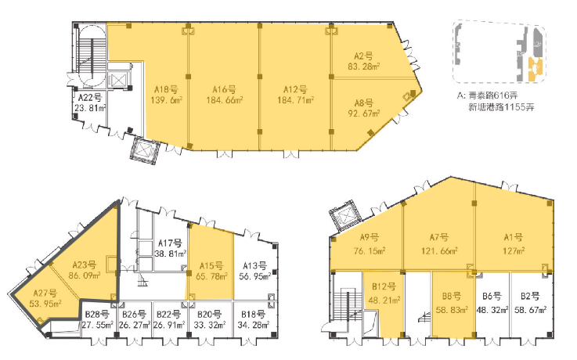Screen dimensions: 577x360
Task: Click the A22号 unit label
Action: pos(90,98)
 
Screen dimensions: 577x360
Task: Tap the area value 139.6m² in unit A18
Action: pos(166,100)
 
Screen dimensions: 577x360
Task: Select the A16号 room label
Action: pos(225,89)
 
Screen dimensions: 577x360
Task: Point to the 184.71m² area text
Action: pos(295,100)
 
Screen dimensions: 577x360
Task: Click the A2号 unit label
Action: pos(363,56)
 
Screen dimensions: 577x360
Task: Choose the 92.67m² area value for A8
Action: pos(364,113)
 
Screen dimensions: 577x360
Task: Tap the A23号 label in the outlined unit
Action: pos(85,265)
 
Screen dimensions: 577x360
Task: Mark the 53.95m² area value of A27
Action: pos(45,304)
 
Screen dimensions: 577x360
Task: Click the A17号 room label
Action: pos(170,243)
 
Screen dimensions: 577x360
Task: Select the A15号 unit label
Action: pos(211,265)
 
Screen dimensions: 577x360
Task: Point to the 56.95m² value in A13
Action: pos(255,276)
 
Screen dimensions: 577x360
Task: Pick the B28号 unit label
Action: pos(97,315)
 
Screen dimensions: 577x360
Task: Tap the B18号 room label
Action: pos(253,315)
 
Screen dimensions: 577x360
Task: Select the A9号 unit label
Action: pos(369,237)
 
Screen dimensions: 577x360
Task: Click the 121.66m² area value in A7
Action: pos(439,251)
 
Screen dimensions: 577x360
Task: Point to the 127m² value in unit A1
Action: pos(514,251)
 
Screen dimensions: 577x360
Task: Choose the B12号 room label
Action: pos(384,286)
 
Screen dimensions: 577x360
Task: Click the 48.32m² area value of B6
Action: pos(492,310)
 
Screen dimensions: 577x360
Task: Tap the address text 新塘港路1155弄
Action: pos(501,107)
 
